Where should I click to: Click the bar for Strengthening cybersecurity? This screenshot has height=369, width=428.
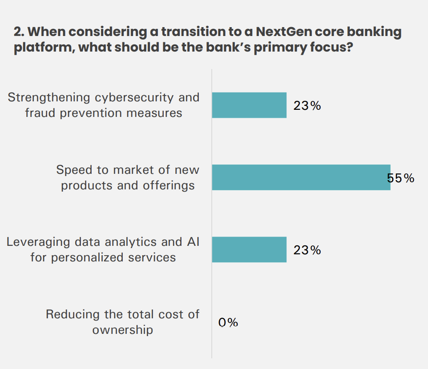pyautogui.click(x=249, y=105)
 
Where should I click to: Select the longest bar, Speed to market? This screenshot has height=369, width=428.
pyautogui.click(x=301, y=177)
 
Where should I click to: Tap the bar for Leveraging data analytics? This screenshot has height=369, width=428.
pyautogui.click(x=249, y=249)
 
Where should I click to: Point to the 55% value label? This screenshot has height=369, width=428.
pyautogui.click(x=401, y=178)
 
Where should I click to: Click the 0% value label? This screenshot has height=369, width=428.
pyautogui.click(x=228, y=322)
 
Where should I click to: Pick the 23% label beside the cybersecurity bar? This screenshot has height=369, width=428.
pyautogui.click(x=307, y=106)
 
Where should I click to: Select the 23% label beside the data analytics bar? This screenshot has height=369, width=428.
pyautogui.click(x=307, y=250)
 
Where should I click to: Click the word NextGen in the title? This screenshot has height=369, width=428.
pyautogui.click(x=281, y=32)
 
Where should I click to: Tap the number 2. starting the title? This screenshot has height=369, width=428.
pyautogui.click(x=19, y=32)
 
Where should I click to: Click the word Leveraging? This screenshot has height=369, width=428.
pyautogui.click(x=38, y=242)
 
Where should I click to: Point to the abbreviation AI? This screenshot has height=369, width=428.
pyautogui.click(x=192, y=242)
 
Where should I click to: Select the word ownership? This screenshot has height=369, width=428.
pyautogui.click(x=123, y=330)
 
